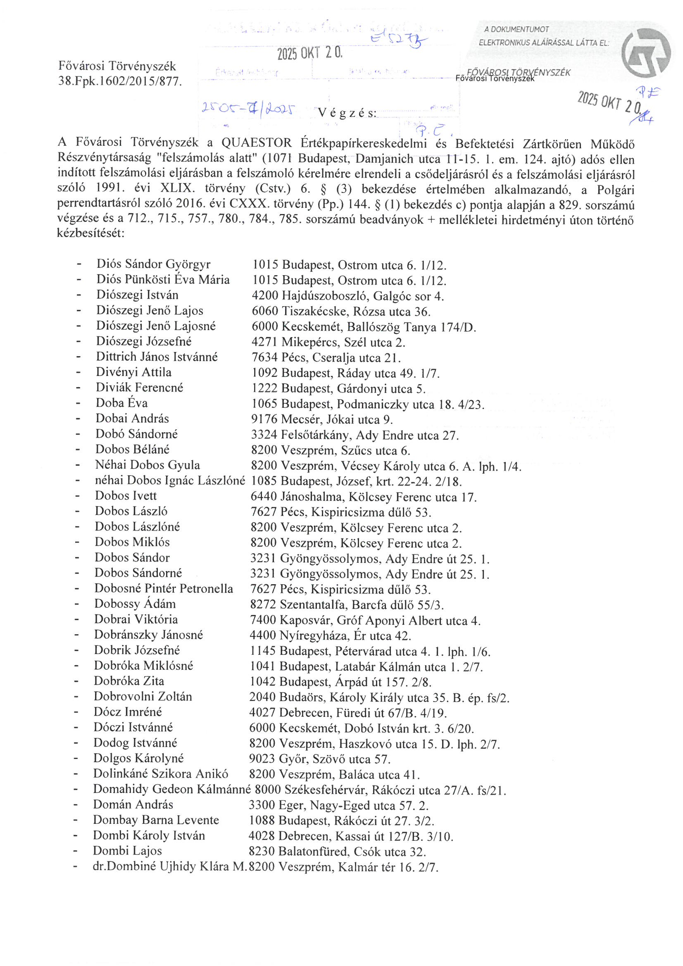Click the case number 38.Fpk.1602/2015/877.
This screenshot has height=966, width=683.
coord(120,81)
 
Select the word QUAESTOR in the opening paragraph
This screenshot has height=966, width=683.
coord(256,143)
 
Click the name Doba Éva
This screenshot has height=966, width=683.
coord(121,403)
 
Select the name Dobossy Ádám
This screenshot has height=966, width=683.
coord(135,604)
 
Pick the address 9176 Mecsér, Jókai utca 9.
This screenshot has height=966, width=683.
coord(322,419)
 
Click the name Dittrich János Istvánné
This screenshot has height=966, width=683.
coord(157,357)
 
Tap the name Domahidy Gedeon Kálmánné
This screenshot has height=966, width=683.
coord(172,789)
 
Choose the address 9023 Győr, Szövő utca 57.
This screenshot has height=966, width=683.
coord(320,759)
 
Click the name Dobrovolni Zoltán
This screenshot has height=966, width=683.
coord(143,696)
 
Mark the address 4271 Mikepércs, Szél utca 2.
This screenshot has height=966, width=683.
coord(328,342)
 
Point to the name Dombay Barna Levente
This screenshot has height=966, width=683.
coord(156,820)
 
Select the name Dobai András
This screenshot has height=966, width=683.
coord(132,419)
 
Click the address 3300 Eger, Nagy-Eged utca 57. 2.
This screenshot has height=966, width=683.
coord(338,805)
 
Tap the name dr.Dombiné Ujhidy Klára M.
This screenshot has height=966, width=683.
coord(169,867)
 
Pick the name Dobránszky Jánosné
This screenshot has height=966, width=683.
coord(148,635)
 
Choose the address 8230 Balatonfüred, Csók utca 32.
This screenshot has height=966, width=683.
coord(337,852)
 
